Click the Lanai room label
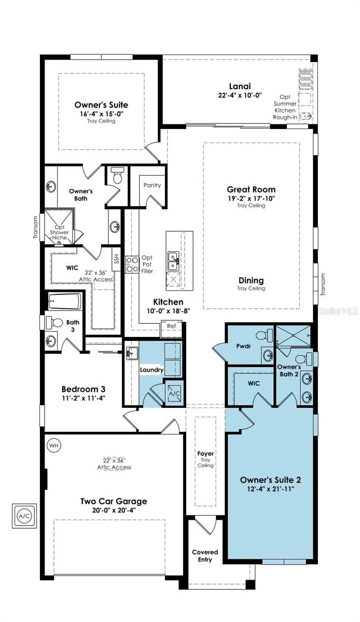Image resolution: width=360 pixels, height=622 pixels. pos(240,86)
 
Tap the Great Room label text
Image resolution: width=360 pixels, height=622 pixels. pos(251,189)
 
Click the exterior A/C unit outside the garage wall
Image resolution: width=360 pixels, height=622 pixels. pos(24,516)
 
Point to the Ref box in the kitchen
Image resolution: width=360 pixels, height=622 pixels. pos(171,327)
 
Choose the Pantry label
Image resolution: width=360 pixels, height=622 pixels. pos(153,185)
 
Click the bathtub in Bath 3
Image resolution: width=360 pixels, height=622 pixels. pos(64,301)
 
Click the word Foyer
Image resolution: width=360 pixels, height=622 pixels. pos(205,454)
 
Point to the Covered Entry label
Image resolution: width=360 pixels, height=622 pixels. pos(205,556)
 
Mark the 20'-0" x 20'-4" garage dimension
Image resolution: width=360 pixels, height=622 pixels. pos(113,510)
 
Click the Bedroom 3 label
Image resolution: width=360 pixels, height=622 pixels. pos(84,389)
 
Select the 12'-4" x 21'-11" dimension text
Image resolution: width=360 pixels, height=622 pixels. pos(271,489)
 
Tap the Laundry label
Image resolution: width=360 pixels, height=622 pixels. pos(151,370)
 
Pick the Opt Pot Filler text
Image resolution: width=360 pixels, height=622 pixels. pos(147,264)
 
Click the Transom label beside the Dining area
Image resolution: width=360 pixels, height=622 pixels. pos(323,284)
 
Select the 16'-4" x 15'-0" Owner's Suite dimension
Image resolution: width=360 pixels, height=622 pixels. pos(101,114)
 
